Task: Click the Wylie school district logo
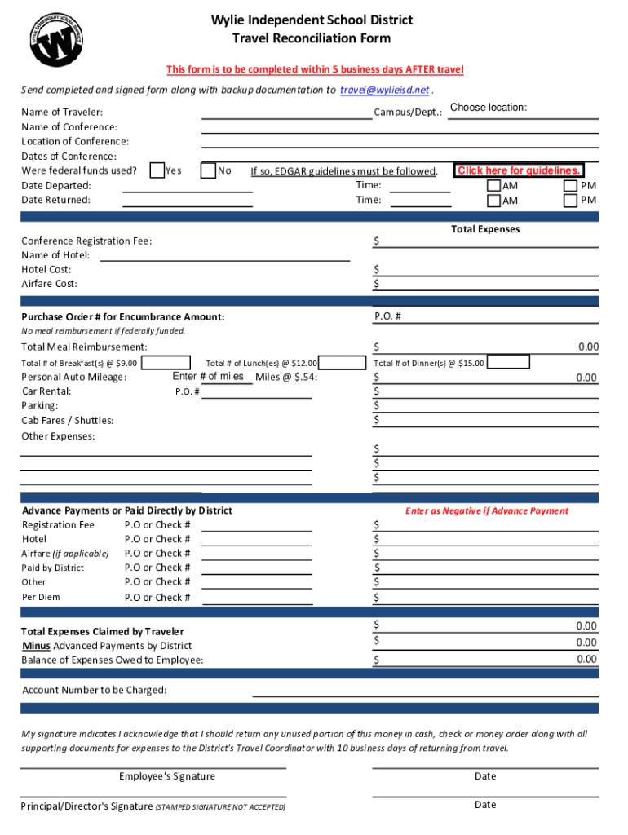(x=57, y=38)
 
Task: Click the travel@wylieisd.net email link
(x=384, y=90)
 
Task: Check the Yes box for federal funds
(x=157, y=170)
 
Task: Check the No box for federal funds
(x=209, y=170)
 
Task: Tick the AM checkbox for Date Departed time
(x=493, y=186)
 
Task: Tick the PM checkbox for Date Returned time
(x=571, y=201)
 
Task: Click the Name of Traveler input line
(x=286, y=112)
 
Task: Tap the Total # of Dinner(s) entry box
(x=506, y=363)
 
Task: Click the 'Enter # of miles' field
(x=208, y=377)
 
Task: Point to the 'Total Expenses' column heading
(x=484, y=229)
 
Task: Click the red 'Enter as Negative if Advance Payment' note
(x=487, y=511)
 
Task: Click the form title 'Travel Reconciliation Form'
(x=312, y=38)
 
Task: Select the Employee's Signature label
(x=166, y=776)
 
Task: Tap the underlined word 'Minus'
(x=36, y=646)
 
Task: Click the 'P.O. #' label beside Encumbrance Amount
(x=387, y=316)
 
